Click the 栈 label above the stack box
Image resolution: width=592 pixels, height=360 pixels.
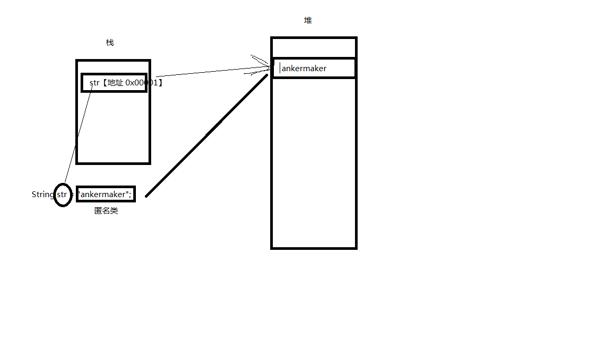coord(110,43)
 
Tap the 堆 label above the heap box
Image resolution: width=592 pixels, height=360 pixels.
coord(308,21)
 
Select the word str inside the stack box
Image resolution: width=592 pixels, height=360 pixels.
coord(94,83)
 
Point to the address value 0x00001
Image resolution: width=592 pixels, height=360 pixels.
coord(142,83)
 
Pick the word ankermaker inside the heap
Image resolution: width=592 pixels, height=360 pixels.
coord(304,68)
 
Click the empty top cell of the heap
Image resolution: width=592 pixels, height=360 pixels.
coord(313,48)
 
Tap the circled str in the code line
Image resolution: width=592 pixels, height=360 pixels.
coord(62,194)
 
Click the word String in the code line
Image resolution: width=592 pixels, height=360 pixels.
coord(42,194)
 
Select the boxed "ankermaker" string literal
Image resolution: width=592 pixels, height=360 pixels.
coord(104,194)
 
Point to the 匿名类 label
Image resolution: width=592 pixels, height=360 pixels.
coord(106,211)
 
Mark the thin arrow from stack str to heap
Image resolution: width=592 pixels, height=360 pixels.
coord(211,72)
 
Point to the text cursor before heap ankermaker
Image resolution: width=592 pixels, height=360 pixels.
coord(280,68)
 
